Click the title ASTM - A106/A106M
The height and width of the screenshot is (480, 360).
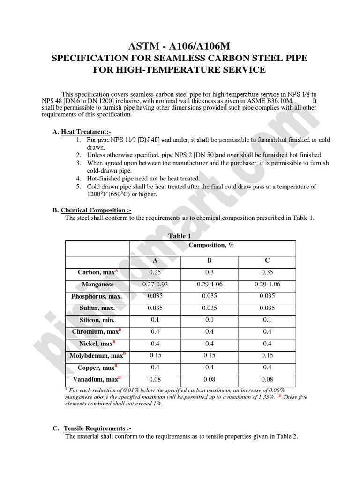pyautogui.click(x=180, y=45)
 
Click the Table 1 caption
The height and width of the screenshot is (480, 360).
pyautogui.click(x=180, y=236)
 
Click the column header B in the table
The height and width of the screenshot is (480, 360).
pyautogui.click(x=210, y=260)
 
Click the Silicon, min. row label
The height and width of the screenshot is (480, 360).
pyautogui.click(x=97, y=320)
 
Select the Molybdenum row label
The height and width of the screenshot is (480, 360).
pyautogui.click(x=97, y=356)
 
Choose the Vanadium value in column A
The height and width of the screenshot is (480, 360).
pyautogui.click(x=155, y=379)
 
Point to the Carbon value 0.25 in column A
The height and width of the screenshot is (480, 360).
pyautogui.click(x=155, y=272)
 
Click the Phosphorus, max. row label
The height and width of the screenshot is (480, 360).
pyautogui.click(x=97, y=296)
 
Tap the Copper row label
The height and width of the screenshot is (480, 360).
pyautogui.click(x=97, y=367)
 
